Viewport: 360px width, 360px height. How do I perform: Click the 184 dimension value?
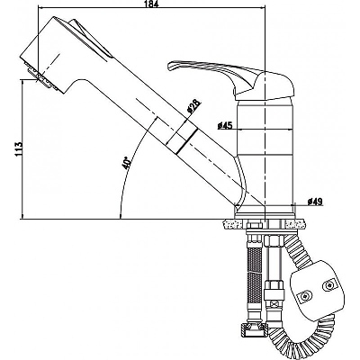(x=152, y=4)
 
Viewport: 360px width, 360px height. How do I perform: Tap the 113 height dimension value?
(x=18, y=148)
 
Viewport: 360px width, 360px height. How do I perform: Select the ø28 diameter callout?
(x=193, y=107)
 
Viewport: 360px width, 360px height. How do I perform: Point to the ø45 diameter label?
(x=225, y=125)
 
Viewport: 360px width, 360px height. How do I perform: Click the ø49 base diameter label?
(x=315, y=202)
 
